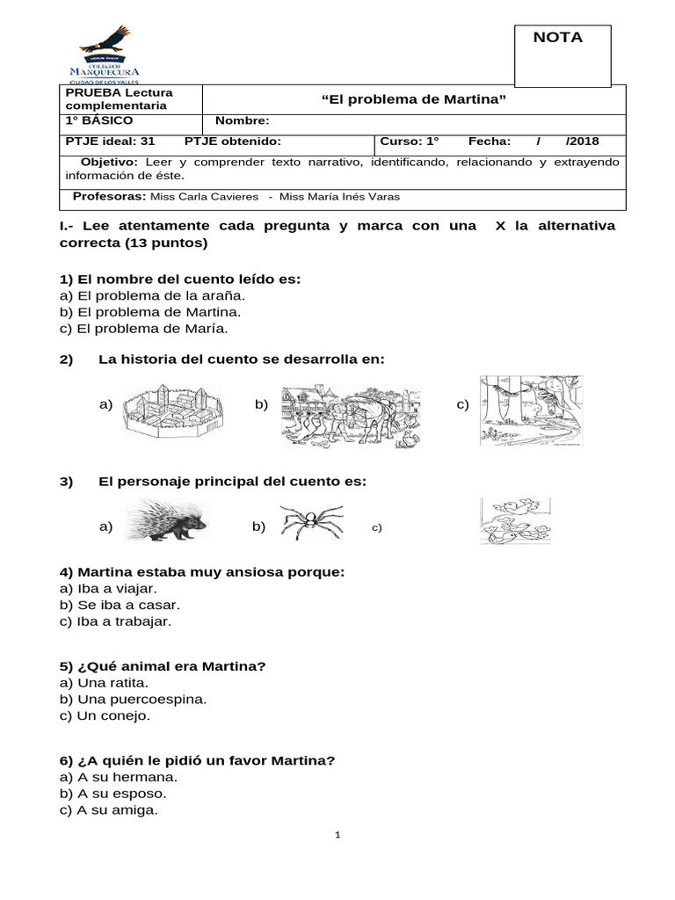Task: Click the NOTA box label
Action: tap(557, 37)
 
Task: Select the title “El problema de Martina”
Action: tap(415, 99)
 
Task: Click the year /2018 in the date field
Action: tap(583, 142)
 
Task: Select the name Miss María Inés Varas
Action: tap(331, 197)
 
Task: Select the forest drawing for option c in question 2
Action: tap(531, 410)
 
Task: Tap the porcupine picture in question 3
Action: tap(165, 521)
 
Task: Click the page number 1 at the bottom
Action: tap(337, 835)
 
